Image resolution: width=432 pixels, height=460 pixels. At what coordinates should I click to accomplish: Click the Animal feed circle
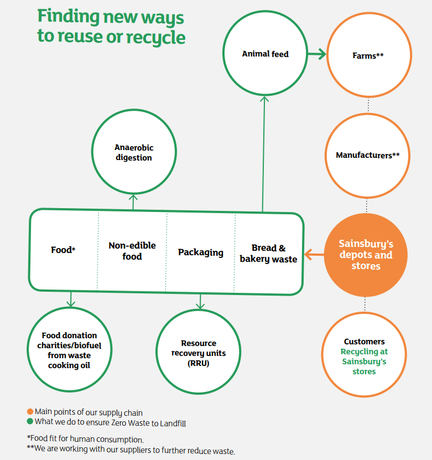[265, 54]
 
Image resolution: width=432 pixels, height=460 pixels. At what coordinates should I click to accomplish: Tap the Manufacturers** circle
[367, 156]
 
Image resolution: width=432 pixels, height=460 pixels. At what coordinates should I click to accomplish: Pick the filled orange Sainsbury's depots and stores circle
[365, 255]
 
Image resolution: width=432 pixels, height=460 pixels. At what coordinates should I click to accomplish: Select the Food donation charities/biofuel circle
[69, 350]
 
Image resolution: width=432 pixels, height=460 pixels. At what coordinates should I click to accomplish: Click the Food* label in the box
[63, 250]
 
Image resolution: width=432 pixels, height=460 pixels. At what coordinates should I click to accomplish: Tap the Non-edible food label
[132, 251]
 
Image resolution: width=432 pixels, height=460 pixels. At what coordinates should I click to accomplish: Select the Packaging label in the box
[200, 252]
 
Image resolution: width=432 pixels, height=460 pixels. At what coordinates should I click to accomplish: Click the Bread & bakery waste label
[268, 254]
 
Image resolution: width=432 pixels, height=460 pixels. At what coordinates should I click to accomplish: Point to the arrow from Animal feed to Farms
[317, 54]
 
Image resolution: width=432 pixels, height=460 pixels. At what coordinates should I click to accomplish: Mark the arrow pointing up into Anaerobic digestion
[133, 201]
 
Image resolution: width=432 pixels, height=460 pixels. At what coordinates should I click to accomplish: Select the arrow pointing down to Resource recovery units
[200, 302]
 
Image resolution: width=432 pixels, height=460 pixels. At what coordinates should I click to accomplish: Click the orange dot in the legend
[30, 412]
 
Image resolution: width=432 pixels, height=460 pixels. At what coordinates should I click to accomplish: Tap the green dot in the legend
[30, 422]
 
